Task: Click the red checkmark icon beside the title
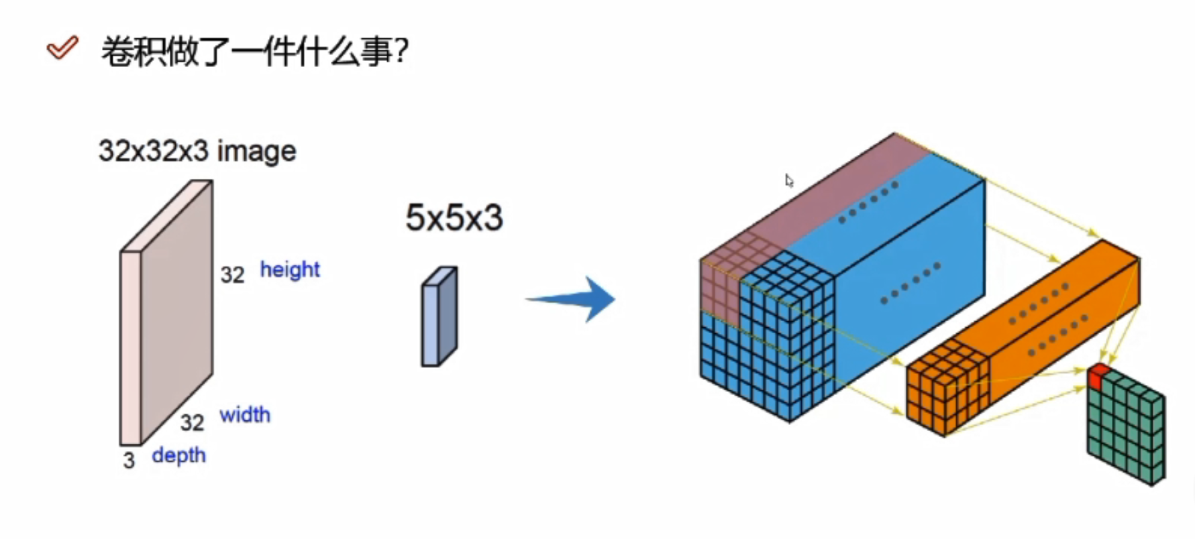[62, 48]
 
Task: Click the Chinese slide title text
[254, 51]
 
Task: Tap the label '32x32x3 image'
[197, 152]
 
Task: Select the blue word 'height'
[290, 269]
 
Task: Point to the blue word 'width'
[245, 415]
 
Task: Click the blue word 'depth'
[178, 455]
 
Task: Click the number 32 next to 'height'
[232, 275]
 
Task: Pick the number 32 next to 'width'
[192, 423]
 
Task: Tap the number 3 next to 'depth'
[129, 461]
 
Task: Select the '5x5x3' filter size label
[454, 218]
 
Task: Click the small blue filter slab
[439, 317]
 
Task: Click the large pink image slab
[168, 312]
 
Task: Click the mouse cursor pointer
[789, 180]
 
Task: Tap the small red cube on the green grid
[1096, 375]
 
